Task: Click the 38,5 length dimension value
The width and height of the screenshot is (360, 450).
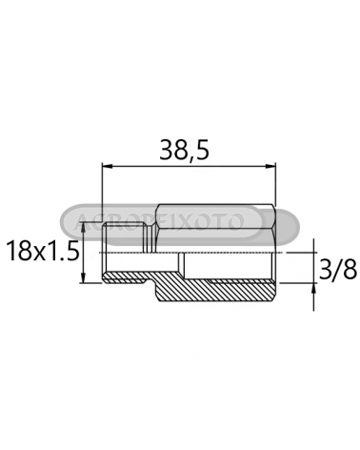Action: click(x=184, y=150)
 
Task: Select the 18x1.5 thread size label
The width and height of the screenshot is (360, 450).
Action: click(x=42, y=252)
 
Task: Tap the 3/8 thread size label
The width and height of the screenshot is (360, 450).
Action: click(x=338, y=270)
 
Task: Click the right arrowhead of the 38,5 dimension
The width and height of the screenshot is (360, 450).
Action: click(x=270, y=166)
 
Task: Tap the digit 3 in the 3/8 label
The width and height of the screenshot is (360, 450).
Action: click(x=325, y=270)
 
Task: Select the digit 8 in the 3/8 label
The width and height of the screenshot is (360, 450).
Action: click(x=350, y=270)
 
